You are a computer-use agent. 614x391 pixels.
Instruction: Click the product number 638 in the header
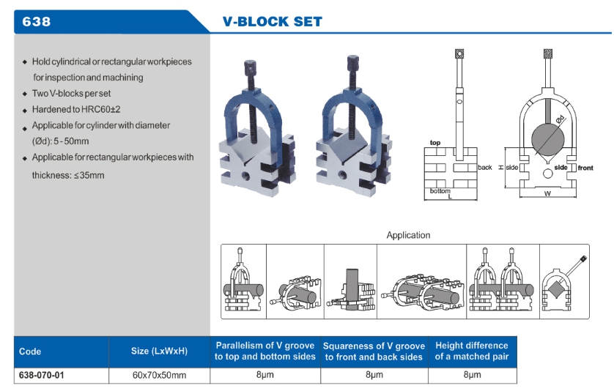pos(37,22)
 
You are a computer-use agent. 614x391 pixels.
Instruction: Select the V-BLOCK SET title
pos(272,22)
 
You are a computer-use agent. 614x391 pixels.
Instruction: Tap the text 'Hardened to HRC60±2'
pos(76,109)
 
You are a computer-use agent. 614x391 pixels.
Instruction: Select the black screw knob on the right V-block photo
pos(350,64)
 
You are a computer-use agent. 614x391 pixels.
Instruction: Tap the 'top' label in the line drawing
pos(434,143)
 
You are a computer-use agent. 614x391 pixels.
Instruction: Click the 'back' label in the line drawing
pos(484,168)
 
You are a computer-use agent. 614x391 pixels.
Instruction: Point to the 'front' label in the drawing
pos(585,168)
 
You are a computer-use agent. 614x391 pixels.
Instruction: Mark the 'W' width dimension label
pos(547,194)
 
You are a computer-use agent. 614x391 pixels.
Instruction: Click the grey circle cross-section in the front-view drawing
pos(548,137)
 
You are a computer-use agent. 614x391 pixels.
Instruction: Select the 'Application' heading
pos(408,235)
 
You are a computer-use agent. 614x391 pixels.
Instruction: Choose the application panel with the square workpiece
pos(564,280)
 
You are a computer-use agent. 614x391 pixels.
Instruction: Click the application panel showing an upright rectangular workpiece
pos(349,280)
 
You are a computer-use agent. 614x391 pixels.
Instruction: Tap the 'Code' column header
pos(30,351)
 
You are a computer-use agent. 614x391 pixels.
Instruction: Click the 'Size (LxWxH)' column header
pos(159,351)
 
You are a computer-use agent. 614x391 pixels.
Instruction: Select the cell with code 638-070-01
pos(42,375)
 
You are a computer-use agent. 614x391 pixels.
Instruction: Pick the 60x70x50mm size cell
pos(159,375)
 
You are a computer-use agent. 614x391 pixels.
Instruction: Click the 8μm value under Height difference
pos(471,375)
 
